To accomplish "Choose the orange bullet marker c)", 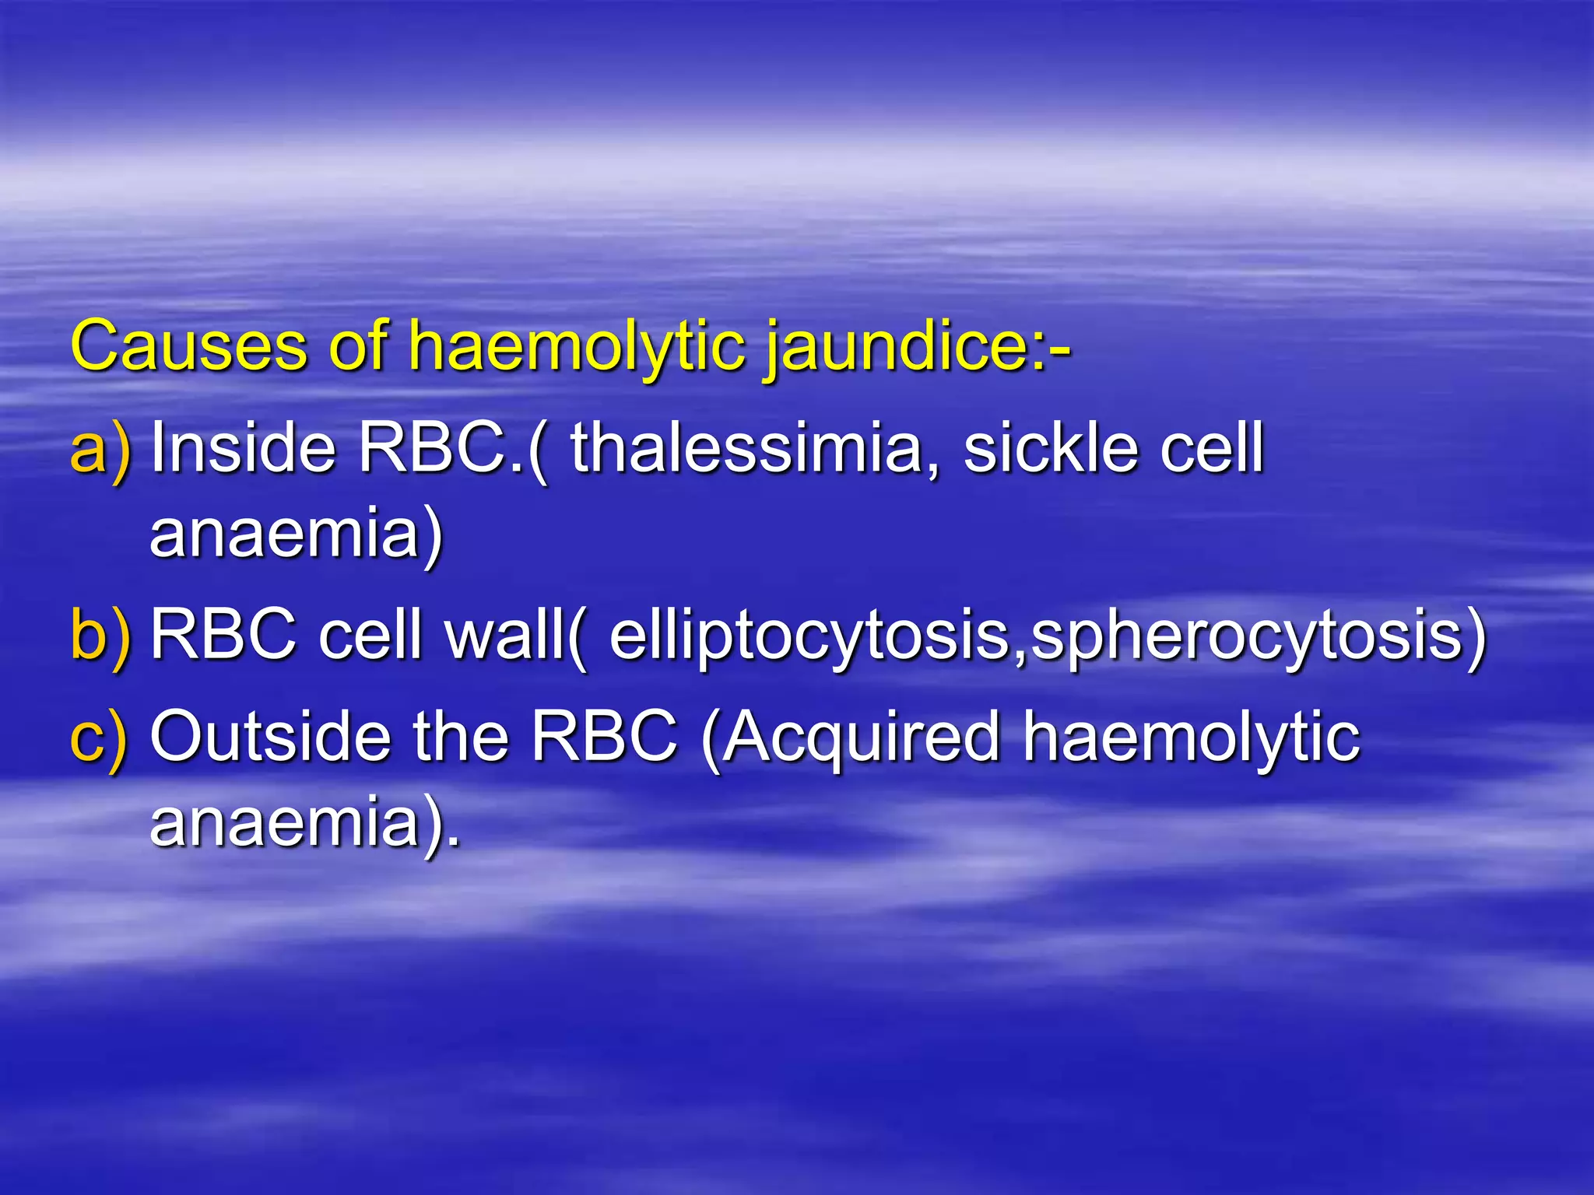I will point(99,738).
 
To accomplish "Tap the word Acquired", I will point(860,738).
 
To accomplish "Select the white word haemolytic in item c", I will point(1191,738).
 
